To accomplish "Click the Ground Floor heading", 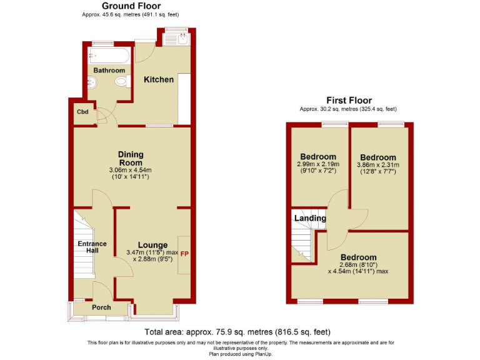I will [131, 6].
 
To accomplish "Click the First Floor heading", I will [349, 100].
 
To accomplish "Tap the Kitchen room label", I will [159, 79].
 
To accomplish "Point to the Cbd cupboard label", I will [82, 112].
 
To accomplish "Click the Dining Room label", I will [131, 159].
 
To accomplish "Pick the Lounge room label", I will [152, 245].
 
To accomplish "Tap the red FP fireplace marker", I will [184, 254].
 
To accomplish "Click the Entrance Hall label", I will [92, 247].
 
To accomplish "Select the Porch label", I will [101, 307].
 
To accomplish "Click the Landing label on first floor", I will [310, 218].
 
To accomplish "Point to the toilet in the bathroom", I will [120, 83].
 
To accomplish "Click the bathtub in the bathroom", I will [109, 56].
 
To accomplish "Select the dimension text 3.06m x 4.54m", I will [131, 170].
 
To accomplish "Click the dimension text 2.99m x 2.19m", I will [318, 164].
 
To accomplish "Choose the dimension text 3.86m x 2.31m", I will [377, 165].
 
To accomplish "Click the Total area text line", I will [237, 332].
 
